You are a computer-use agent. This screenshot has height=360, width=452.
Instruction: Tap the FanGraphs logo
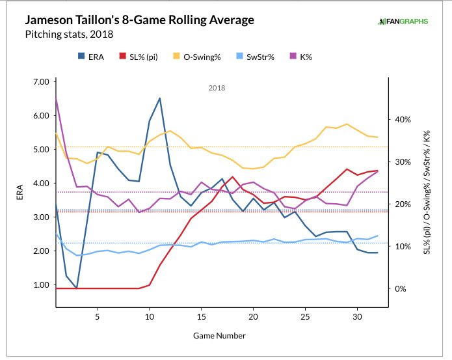[x=403, y=21]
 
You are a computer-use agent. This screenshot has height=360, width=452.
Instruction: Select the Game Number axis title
[x=219, y=336]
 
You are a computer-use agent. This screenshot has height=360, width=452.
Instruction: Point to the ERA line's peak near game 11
[x=160, y=98]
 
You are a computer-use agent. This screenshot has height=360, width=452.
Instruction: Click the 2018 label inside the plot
[x=217, y=88]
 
